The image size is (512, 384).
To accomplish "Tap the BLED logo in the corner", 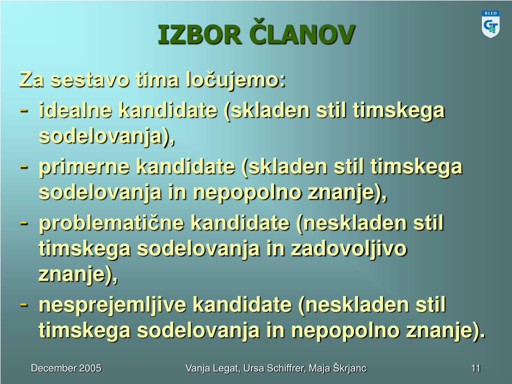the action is coord(490,24).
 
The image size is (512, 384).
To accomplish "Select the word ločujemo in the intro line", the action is coord(235,80).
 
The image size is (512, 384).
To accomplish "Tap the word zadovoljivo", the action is coord(348,249).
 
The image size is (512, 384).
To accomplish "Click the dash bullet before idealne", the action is coord(23,110).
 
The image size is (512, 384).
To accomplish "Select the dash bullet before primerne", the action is coord(23,166).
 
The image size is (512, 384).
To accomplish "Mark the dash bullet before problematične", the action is coord(23,223).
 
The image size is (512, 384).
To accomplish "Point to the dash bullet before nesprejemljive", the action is coord(23,304).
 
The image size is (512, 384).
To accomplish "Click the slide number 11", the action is coord(476,368).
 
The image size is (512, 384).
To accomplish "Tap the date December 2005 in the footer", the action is coord(66,368).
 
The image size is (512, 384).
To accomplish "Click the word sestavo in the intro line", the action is coord(89,80).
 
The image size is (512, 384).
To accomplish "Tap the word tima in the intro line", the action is coord(157,79).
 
